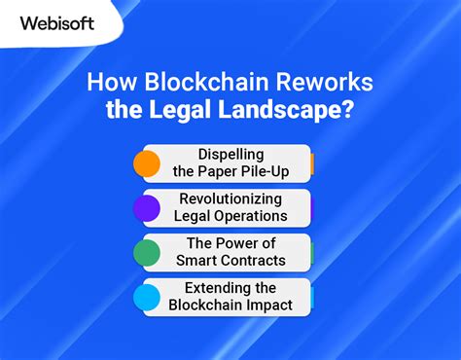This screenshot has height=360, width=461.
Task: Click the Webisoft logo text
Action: (56, 23)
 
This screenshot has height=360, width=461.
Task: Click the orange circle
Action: (147, 163)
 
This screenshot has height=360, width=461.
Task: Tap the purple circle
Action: (147, 208)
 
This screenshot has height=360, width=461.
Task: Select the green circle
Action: (147, 253)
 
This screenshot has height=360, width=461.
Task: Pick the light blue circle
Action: (147, 298)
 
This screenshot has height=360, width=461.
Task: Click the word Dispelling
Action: (230, 155)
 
